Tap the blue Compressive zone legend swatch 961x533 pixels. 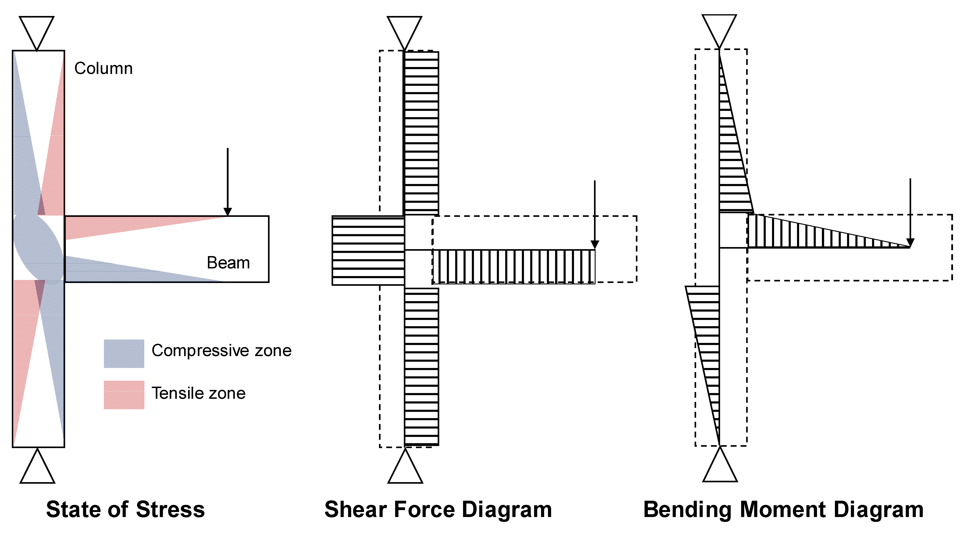pyautogui.click(x=124, y=354)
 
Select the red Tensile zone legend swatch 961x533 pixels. pyautogui.click(x=124, y=395)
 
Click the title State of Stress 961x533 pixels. pyautogui.click(x=125, y=510)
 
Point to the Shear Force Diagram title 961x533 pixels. pyautogui.click(x=438, y=510)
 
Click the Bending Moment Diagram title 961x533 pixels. pyautogui.click(x=783, y=510)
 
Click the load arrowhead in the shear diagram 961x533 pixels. pyautogui.click(x=595, y=245)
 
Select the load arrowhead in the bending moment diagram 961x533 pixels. pyautogui.click(x=910, y=243)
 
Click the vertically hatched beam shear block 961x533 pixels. pyautogui.click(x=513, y=267)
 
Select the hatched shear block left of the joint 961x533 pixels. pyautogui.click(x=368, y=251)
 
